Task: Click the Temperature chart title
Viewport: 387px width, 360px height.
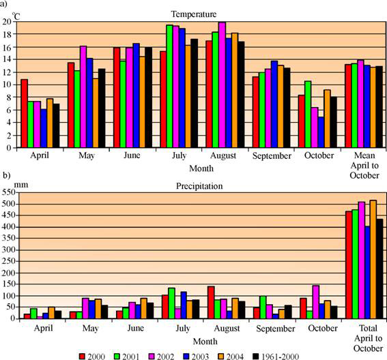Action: click(194, 14)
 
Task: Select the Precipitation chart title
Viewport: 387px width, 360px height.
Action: click(199, 186)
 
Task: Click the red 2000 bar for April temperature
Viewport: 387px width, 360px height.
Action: click(24, 113)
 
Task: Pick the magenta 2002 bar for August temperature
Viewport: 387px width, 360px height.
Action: click(222, 85)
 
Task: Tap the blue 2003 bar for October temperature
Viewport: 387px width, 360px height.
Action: click(321, 132)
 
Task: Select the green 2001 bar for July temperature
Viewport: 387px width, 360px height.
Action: click(169, 87)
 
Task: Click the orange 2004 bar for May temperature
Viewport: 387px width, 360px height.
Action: click(96, 113)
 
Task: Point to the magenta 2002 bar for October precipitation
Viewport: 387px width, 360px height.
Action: click(315, 302)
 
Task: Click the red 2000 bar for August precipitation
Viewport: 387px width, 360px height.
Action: click(211, 302)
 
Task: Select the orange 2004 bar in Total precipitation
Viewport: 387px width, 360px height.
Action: click(373, 259)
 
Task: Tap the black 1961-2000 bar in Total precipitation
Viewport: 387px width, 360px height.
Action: click(379, 269)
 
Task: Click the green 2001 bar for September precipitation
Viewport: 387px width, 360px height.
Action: click(263, 307)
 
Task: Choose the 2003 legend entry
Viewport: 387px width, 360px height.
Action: click(196, 357)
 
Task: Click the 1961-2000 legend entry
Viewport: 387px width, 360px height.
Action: click(276, 357)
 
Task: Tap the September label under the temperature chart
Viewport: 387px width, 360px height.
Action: click(272, 156)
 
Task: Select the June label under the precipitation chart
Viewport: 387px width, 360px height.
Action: click(136, 328)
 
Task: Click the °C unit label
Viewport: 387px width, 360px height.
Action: click(16, 17)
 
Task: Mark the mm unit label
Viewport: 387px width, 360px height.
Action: click(21, 185)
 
